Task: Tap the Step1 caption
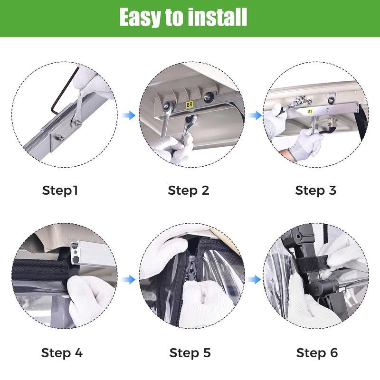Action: pos(60,190)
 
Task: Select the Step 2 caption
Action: pos(188,190)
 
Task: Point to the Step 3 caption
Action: pos(315,190)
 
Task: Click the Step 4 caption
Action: pos(62,353)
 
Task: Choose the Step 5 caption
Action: pos(190,353)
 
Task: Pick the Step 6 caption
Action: pos(317,353)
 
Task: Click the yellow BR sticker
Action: pos(189,104)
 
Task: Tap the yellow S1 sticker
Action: pos(310,112)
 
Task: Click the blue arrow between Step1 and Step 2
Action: pos(128,115)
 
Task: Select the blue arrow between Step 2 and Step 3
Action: pos(255,115)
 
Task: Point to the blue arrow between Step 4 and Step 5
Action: pos(128,280)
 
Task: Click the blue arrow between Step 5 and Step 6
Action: pos(254,280)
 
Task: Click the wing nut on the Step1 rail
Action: pos(59,138)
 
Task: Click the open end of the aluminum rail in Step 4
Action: pos(76,253)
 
